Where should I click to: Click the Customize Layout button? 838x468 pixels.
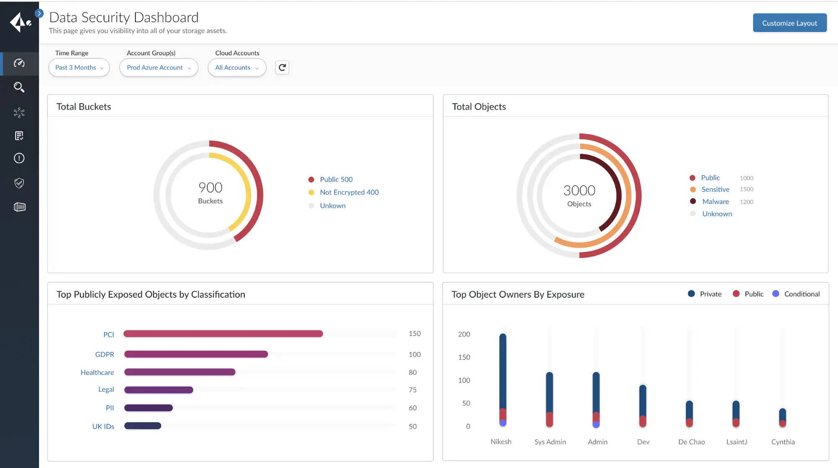pos(789,23)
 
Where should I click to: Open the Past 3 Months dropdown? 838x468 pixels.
pos(79,67)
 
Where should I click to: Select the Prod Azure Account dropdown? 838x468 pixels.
pos(158,67)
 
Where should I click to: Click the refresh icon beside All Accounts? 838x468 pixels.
pos(282,67)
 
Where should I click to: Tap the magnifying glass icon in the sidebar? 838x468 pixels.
pos(19,87)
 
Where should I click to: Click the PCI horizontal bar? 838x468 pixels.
pos(223,334)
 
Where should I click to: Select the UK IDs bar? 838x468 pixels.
pos(143,426)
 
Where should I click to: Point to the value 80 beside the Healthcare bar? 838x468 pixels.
pos(413,372)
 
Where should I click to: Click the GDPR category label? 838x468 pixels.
pos(104,354)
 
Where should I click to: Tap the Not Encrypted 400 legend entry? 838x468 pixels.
pos(349,192)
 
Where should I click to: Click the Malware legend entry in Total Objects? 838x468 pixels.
pos(715,201)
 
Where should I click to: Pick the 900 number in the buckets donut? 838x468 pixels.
pos(210,188)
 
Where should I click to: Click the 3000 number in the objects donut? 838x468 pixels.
pos(579,190)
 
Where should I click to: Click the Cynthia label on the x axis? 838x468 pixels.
pos(783,442)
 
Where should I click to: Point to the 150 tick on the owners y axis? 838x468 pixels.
pos(464,357)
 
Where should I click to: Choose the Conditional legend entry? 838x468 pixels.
pos(801,294)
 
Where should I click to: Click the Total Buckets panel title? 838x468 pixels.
pos(84,107)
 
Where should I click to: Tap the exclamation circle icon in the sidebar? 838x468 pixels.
pos(19,158)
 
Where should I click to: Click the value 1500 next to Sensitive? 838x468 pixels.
pos(746,189)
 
